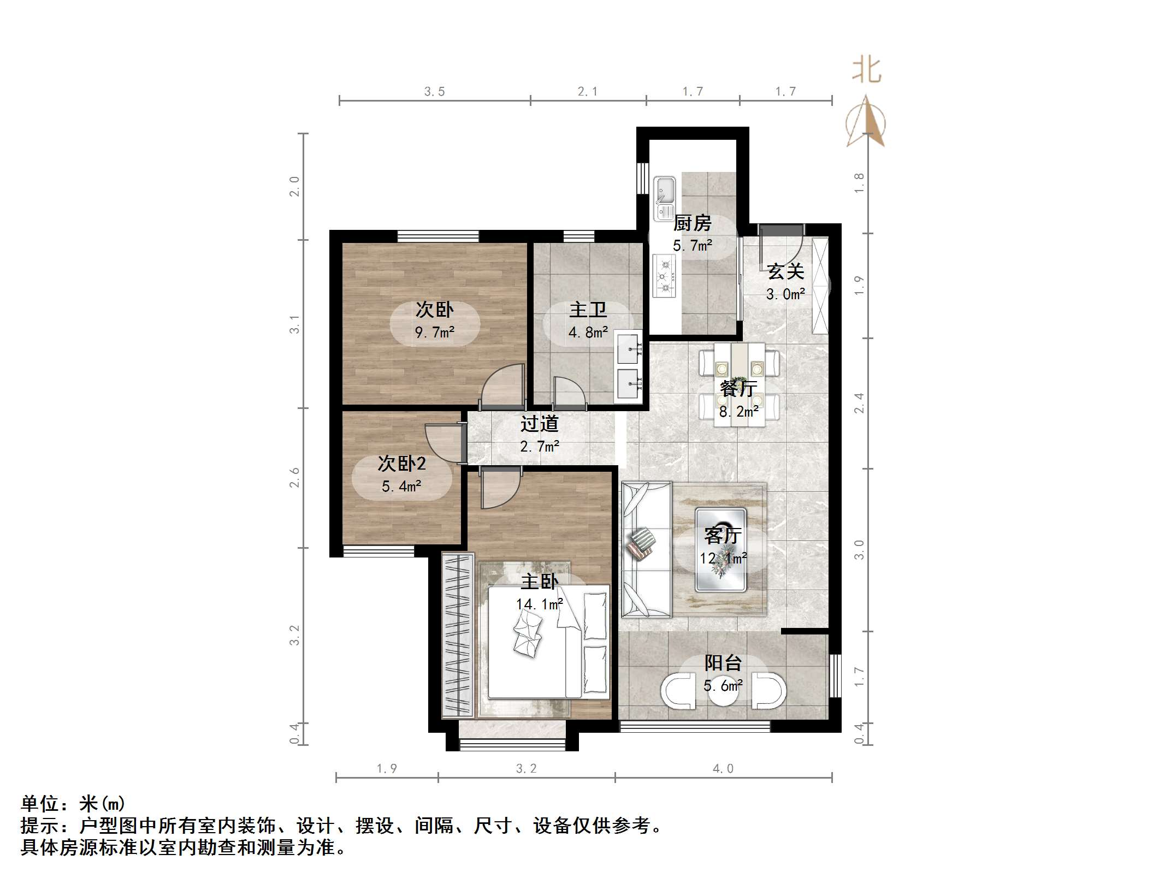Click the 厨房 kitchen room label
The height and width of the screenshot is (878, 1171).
(x=692, y=223)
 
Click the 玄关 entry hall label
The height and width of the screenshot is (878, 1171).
(x=785, y=271)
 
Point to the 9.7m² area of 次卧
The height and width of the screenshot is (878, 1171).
(x=434, y=332)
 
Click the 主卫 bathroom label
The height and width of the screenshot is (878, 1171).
(x=588, y=310)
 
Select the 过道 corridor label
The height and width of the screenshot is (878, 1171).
(x=539, y=424)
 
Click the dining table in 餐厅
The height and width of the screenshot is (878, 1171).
(x=740, y=382)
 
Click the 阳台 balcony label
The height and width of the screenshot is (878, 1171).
(x=723, y=663)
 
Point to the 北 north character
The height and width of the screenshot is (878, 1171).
(x=866, y=71)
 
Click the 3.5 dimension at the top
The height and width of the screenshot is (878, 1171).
(x=434, y=92)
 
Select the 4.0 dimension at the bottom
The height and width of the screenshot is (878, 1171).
(x=723, y=769)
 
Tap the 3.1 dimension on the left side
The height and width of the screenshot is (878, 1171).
(x=294, y=324)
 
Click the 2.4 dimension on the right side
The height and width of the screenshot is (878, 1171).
(x=859, y=403)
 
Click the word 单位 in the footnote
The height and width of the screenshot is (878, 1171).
(x=40, y=804)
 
